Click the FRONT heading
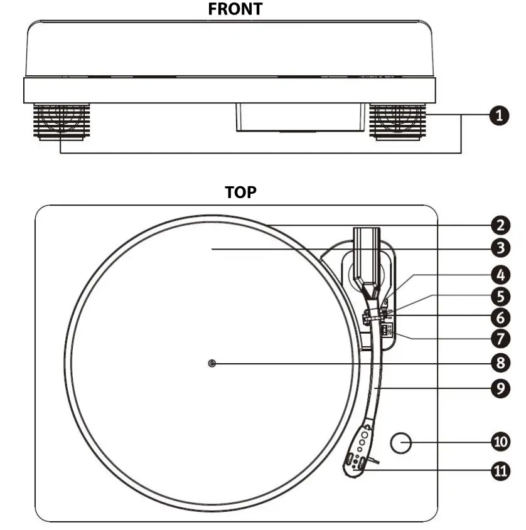(x=235, y=9)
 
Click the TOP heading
(x=241, y=192)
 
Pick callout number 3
(x=500, y=248)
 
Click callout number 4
(x=500, y=275)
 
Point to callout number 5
(x=500, y=295)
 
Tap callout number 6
(x=500, y=317)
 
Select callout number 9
(x=500, y=388)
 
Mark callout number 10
(x=500, y=441)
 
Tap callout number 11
(x=500, y=470)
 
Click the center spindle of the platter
(x=212, y=363)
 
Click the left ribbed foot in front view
(x=60, y=122)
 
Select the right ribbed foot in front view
(x=395, y=122)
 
